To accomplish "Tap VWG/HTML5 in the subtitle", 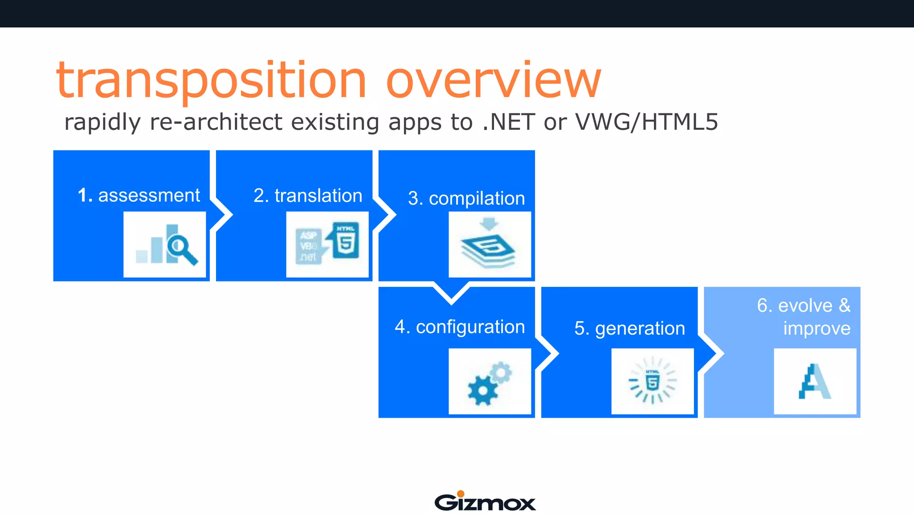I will (647, 122).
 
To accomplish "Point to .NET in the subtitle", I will (508, 122).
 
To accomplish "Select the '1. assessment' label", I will (138, 195).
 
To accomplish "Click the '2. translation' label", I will (307, 196).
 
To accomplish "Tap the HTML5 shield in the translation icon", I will (345, 240).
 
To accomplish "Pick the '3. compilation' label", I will (466, 199).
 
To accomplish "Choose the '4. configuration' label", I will (460, 327).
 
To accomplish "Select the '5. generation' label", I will (629, 328).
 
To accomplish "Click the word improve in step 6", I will (816, 328).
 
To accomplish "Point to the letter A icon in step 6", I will (814, 382).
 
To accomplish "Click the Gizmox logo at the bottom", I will (485, 502).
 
